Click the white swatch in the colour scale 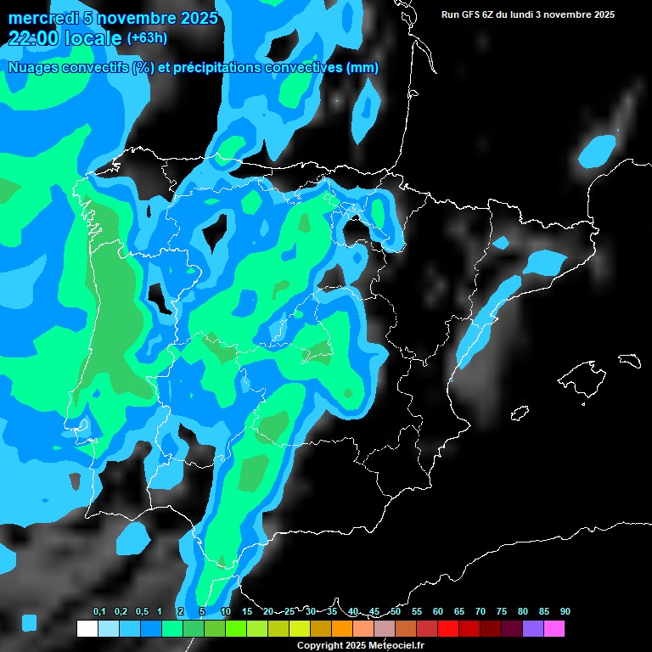[x=87, y=629]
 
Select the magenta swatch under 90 [x=554, y=629]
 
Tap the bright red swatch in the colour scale [x=448, y=629]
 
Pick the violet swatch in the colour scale [x=533, y=629]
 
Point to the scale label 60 [x=438, y=611]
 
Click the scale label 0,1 [x=99, y=611]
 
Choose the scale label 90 [x=565, y=611]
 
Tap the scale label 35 [x=332, y=611]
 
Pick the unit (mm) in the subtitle [x=363, y=68]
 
